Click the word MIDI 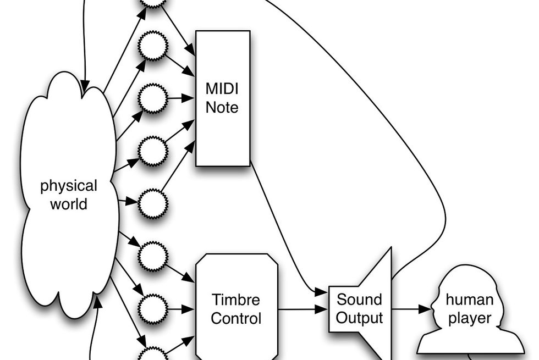pos(222,88)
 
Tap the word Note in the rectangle pos(222,107)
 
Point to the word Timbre pos(237,300)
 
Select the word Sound pos(359,300)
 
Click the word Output pos(359,318)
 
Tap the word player pos(469,318)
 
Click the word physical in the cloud pos(69,186)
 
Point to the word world pos(69,204)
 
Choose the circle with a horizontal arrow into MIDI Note pos(152,99)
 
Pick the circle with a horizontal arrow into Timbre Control pos(152,309)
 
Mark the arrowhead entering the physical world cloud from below pos(98,300)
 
